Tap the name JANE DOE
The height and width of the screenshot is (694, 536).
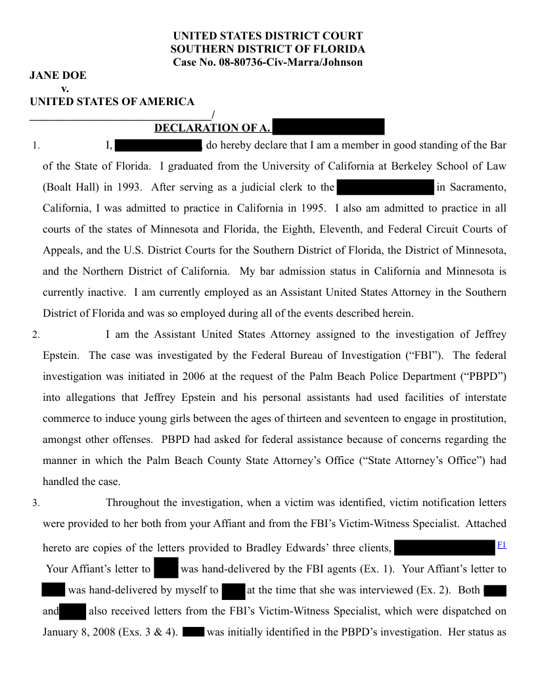58,76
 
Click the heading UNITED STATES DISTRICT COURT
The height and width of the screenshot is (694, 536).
267,35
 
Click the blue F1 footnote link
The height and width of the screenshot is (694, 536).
502,545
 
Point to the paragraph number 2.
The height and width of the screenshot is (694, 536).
35,335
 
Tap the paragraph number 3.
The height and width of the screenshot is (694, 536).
35,504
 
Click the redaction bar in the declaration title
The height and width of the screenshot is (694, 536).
328,127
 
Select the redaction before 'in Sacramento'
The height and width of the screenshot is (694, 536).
386,187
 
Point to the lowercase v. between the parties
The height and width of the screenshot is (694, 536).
65,89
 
